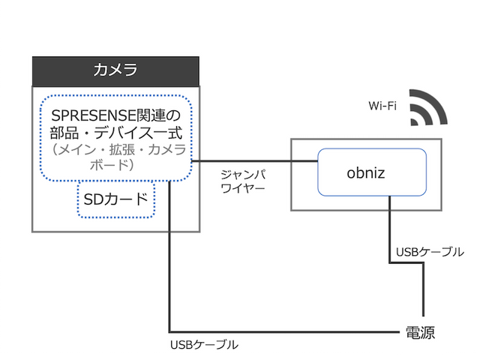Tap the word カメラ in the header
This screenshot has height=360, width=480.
pyautogui.click(x=115, y=71)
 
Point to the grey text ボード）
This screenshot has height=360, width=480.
pyautogui.click(x=115, y=164)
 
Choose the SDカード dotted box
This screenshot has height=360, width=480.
pyautogui.click(x=116, y=200)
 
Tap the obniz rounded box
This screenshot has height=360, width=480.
pyautogui.click(x=372, y=172)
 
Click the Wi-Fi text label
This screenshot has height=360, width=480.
pyautogui.click(x=382, y=106)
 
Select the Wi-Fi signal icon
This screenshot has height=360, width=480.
pyautogui.click(x=428, y=109)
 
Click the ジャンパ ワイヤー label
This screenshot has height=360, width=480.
pyautogui.click(x=243, y=181)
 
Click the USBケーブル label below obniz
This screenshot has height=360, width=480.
pyautogui.click(x=429, y=252)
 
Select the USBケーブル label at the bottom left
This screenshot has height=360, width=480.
pyautogui.click(x=204, y=345)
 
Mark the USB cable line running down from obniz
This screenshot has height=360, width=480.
pyautogui.click(x=390, y=232)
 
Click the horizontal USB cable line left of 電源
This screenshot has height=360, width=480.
pyautogui.click(x=285, y=331)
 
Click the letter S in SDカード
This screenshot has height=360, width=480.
pyautogui.click(x=88, y=200)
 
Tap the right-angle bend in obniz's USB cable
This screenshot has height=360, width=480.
pyautogui.click(x=390, y=262)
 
